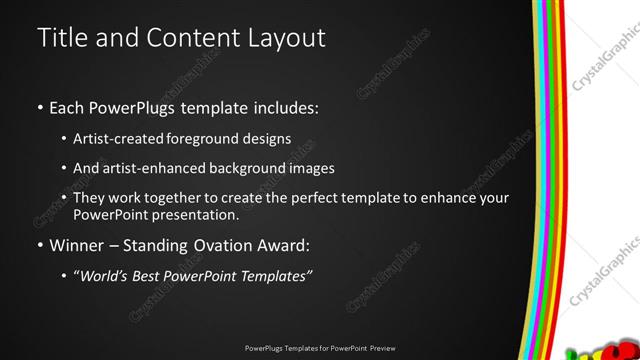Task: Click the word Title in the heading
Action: pos(62,38)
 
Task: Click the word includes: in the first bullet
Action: pos(288,107)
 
